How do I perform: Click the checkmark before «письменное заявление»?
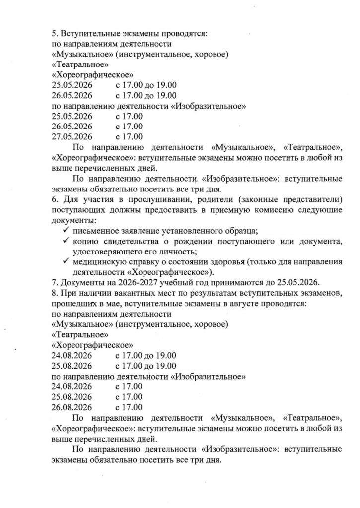click(x=65, y=231)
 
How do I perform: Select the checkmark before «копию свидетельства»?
click(x=65, y=241)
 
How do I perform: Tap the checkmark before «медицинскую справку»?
click(x=65, y=262)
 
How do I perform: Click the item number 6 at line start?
click(x=54, y=200)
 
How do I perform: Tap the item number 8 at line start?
click(x=54, y=293)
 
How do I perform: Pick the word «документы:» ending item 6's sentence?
click(x=73, y=220)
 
